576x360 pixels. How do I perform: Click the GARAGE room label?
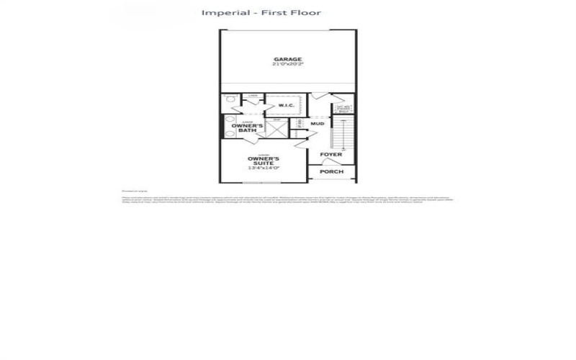click(287, 59)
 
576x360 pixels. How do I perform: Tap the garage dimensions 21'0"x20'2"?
click(287, 65)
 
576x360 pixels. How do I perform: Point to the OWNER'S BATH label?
click(248, 128)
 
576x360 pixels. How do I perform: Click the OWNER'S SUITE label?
click(264, 161)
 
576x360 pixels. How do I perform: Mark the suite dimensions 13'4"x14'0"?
click(264, 168)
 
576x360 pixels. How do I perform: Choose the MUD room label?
click(317, 124)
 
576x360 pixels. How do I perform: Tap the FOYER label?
click(331, 155)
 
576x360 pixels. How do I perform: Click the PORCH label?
click(331, 171)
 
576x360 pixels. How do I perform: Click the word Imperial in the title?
click(223, 12)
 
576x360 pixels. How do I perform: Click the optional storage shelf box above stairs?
click(343, 109)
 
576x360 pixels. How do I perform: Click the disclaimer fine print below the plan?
click(288, 199)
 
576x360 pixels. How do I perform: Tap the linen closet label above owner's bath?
click(253, 96)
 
